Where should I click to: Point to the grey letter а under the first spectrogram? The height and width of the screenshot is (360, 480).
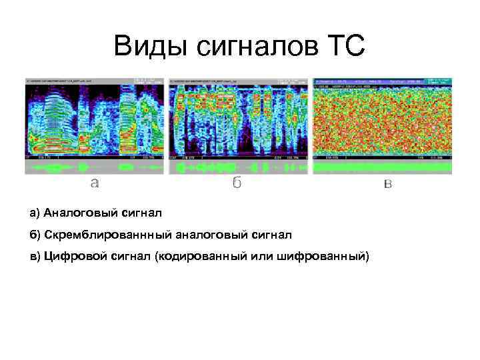click(95, 182)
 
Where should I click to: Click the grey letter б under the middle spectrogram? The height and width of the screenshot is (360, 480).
click(237, 182)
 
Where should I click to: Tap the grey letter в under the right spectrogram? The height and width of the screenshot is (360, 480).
click(388, 183)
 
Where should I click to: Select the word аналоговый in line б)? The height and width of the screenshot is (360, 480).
click(211, 235)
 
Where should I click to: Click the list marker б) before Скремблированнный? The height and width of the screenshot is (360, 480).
click(35, 235)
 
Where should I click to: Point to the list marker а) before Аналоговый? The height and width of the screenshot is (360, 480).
click(35, 213)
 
